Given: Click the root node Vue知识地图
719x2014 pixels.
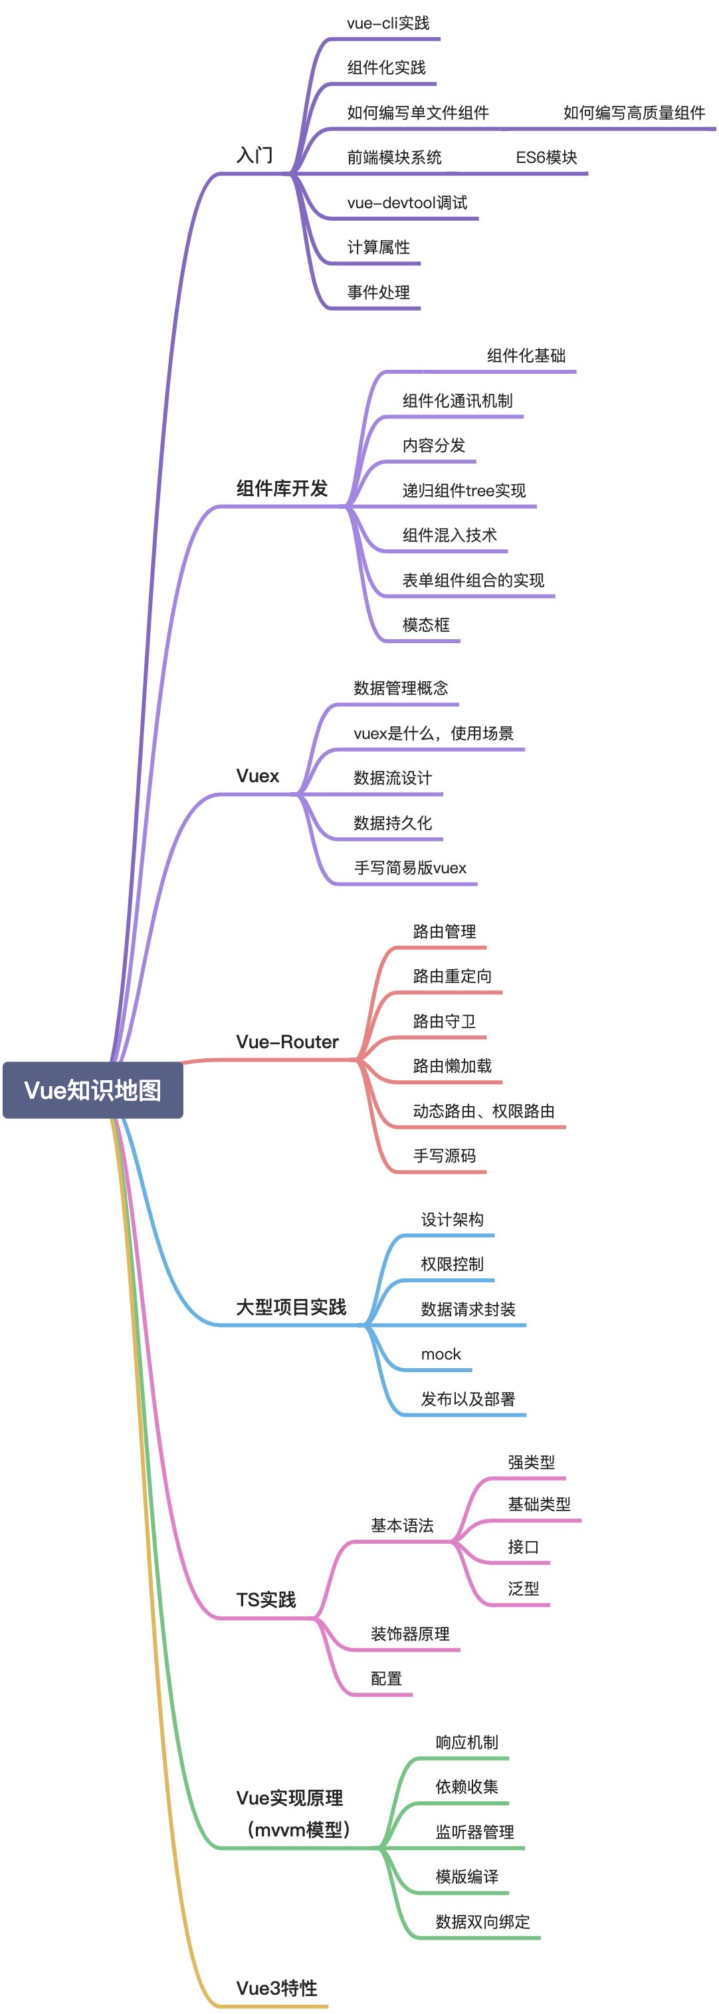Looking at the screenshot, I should (92, 1090).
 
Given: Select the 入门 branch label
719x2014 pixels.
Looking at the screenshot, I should (255, 155).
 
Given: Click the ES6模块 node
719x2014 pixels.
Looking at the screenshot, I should (546, 157).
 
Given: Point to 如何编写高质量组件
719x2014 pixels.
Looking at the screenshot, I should (634, 112).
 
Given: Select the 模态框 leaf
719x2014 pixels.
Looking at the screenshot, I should (426, 625).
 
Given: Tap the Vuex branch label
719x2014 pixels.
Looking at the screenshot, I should (257, 776).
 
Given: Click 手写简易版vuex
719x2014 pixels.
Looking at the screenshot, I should (409, 868).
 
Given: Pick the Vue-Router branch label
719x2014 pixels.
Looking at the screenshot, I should (287, 1042).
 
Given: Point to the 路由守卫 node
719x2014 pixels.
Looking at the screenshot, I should (444, 1021).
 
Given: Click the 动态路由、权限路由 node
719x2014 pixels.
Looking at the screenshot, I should (483, 1111).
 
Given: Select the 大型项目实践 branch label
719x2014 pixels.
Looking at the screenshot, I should (291, 1306).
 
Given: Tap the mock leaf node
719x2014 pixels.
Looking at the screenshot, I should (441, 1354).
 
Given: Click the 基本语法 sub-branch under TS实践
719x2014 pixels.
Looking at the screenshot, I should (402, 1524).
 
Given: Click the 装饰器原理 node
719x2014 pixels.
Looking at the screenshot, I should (409, 1634).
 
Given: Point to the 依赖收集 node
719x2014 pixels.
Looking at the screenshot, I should (466, 1787).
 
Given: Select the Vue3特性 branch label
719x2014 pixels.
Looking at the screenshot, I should (276, 1987).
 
